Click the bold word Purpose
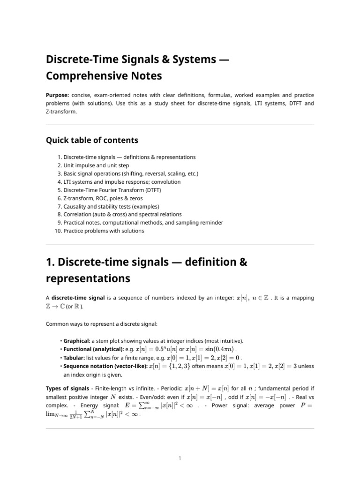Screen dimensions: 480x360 [x=57, y=95]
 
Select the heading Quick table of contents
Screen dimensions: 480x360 [x=92, y=140]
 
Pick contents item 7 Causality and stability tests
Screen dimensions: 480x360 [x=112, y=206]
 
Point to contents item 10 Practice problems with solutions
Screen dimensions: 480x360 [x=104, y=231]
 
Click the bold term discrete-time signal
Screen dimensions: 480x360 [x=75, y=298]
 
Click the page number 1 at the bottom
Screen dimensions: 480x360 [x=180, y=458]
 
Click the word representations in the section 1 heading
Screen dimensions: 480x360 [x=88, y=278]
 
